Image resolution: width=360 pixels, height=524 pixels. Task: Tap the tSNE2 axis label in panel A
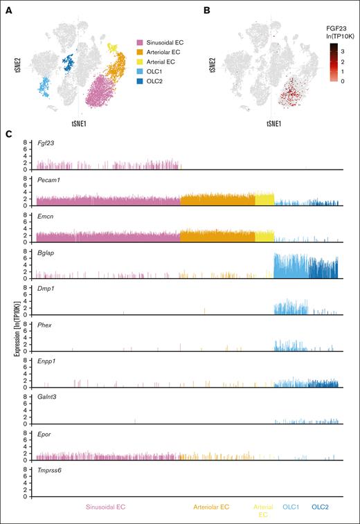(14, 64)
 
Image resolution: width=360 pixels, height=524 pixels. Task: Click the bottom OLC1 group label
(291, 507)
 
